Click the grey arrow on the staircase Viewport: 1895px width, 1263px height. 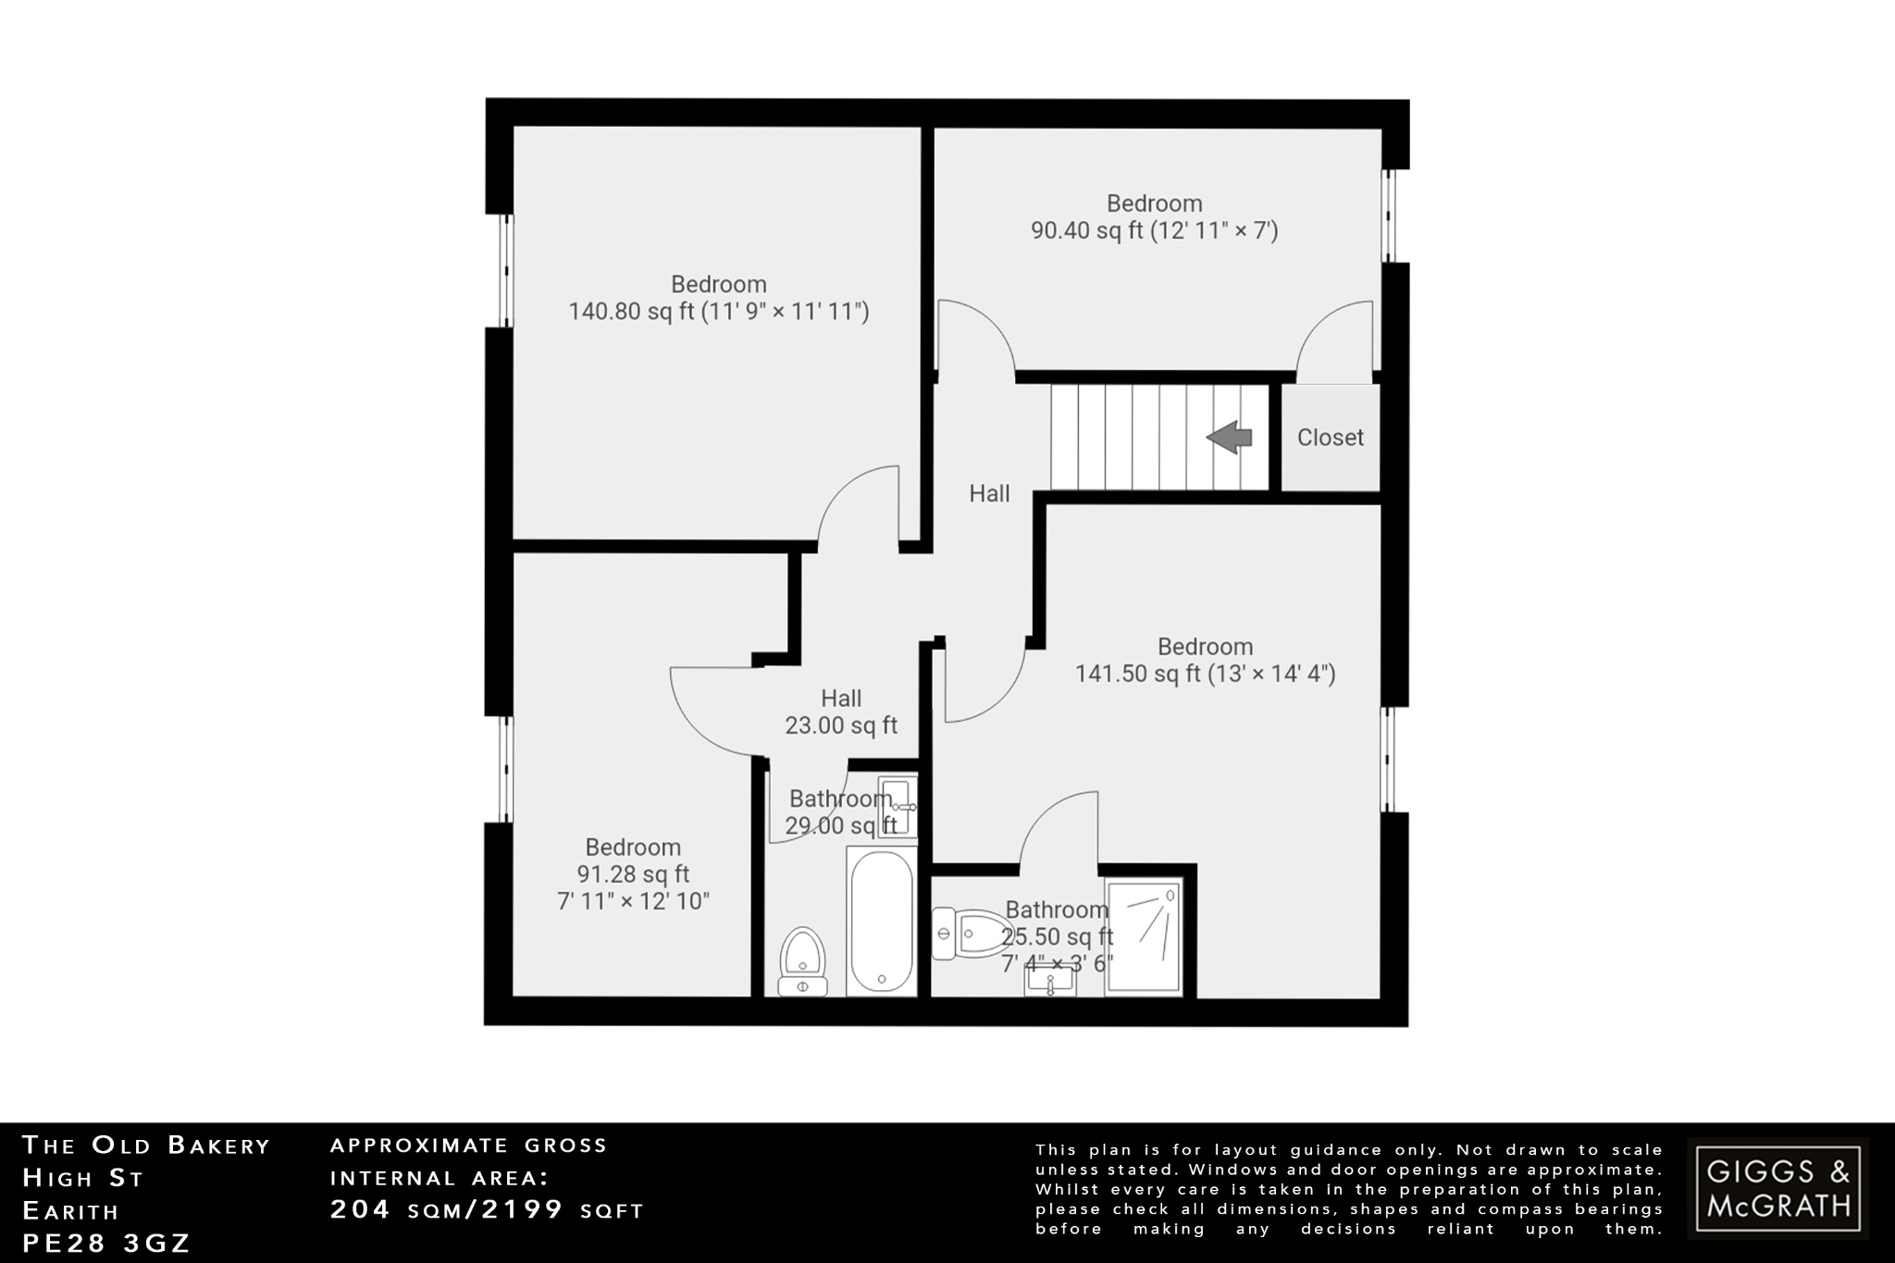(1230, 438)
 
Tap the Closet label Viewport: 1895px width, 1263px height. (1330, 438)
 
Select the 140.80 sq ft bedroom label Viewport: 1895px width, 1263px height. (719, 311)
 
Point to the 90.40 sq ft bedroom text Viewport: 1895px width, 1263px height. (1154, 230)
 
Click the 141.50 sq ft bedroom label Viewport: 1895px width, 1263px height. (1205, 674)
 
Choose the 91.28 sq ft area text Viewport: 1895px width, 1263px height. (633, 874)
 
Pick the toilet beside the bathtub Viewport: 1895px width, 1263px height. (802, 962)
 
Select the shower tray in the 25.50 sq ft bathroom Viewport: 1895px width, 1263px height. (1144, 937)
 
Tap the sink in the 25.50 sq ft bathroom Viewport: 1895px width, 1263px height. (1050, 980)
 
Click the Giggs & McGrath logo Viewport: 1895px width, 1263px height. (1777, 1188)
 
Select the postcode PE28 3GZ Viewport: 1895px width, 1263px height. (106, 1244)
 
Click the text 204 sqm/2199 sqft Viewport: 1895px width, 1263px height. (487, 1210)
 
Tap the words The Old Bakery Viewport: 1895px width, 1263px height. (146, 1145)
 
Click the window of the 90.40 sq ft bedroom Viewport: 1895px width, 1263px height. (1387, 216)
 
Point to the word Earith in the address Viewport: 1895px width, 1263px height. (71, 1211)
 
